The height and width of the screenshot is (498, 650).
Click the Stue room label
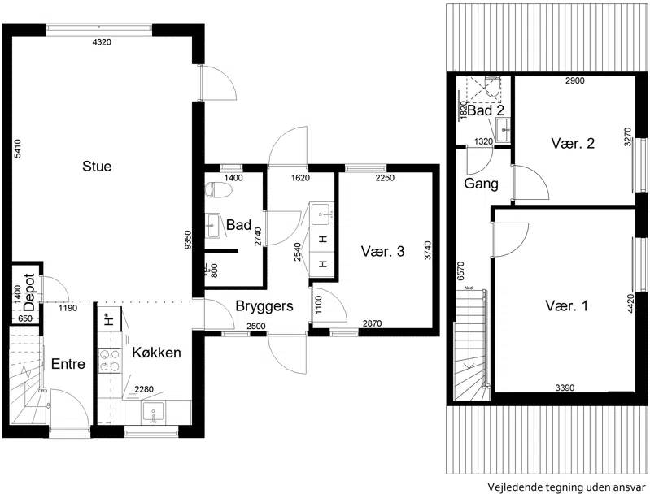(97, 167)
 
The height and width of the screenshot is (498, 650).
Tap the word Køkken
(156, 353)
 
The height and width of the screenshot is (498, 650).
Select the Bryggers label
(264, 306)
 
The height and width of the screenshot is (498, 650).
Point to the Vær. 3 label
(382, 251)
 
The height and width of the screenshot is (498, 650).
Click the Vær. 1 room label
(566, 306)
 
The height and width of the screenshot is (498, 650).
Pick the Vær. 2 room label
(573, 143)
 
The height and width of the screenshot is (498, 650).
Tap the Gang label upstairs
(481, 184)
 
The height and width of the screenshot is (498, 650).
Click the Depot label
(29, 292)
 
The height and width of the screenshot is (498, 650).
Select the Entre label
(68, 364)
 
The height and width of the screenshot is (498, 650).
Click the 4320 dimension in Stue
(102, 42)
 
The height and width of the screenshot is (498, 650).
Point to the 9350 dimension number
(188, 240)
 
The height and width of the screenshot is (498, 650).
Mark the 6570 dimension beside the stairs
(460, 271)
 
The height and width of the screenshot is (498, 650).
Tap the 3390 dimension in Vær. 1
(565, 388)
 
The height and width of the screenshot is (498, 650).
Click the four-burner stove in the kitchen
(110, 360)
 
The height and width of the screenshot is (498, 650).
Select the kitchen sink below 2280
(153, 413)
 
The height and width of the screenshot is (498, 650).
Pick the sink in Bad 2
(503, 129)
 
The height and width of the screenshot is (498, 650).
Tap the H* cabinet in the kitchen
(110, 319)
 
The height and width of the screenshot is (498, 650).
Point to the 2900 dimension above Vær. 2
(575, 80)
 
